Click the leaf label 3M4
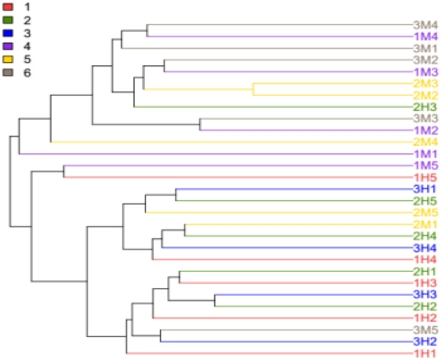coord(426,25)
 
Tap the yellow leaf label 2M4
coord(426,142)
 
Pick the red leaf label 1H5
coord(426,177)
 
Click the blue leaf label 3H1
coord(426,189)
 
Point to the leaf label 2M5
coord(426,213)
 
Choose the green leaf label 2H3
coord(426,107)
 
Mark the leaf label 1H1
coord(426,353)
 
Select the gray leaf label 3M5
coord(426,330)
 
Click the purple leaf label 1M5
coord(426,165)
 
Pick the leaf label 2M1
coord(426,224)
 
